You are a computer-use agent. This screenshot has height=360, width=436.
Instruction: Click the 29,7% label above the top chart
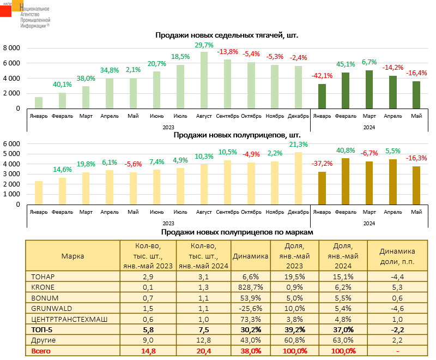[204, 45]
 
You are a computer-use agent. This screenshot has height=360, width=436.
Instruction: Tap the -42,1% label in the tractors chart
[322, 75]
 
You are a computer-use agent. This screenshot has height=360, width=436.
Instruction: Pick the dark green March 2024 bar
[369, 89]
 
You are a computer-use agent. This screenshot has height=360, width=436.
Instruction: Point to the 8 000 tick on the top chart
[11, 48]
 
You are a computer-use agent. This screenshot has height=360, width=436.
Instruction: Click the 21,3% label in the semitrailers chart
[298, 145]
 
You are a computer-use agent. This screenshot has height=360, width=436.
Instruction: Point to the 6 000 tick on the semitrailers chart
[11, 143]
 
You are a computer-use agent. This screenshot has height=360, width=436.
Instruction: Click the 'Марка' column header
[72, 255]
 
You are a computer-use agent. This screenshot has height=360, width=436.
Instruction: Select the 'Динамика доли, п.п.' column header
[397, 255]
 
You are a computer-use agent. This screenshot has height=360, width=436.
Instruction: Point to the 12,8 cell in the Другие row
[204, 340]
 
